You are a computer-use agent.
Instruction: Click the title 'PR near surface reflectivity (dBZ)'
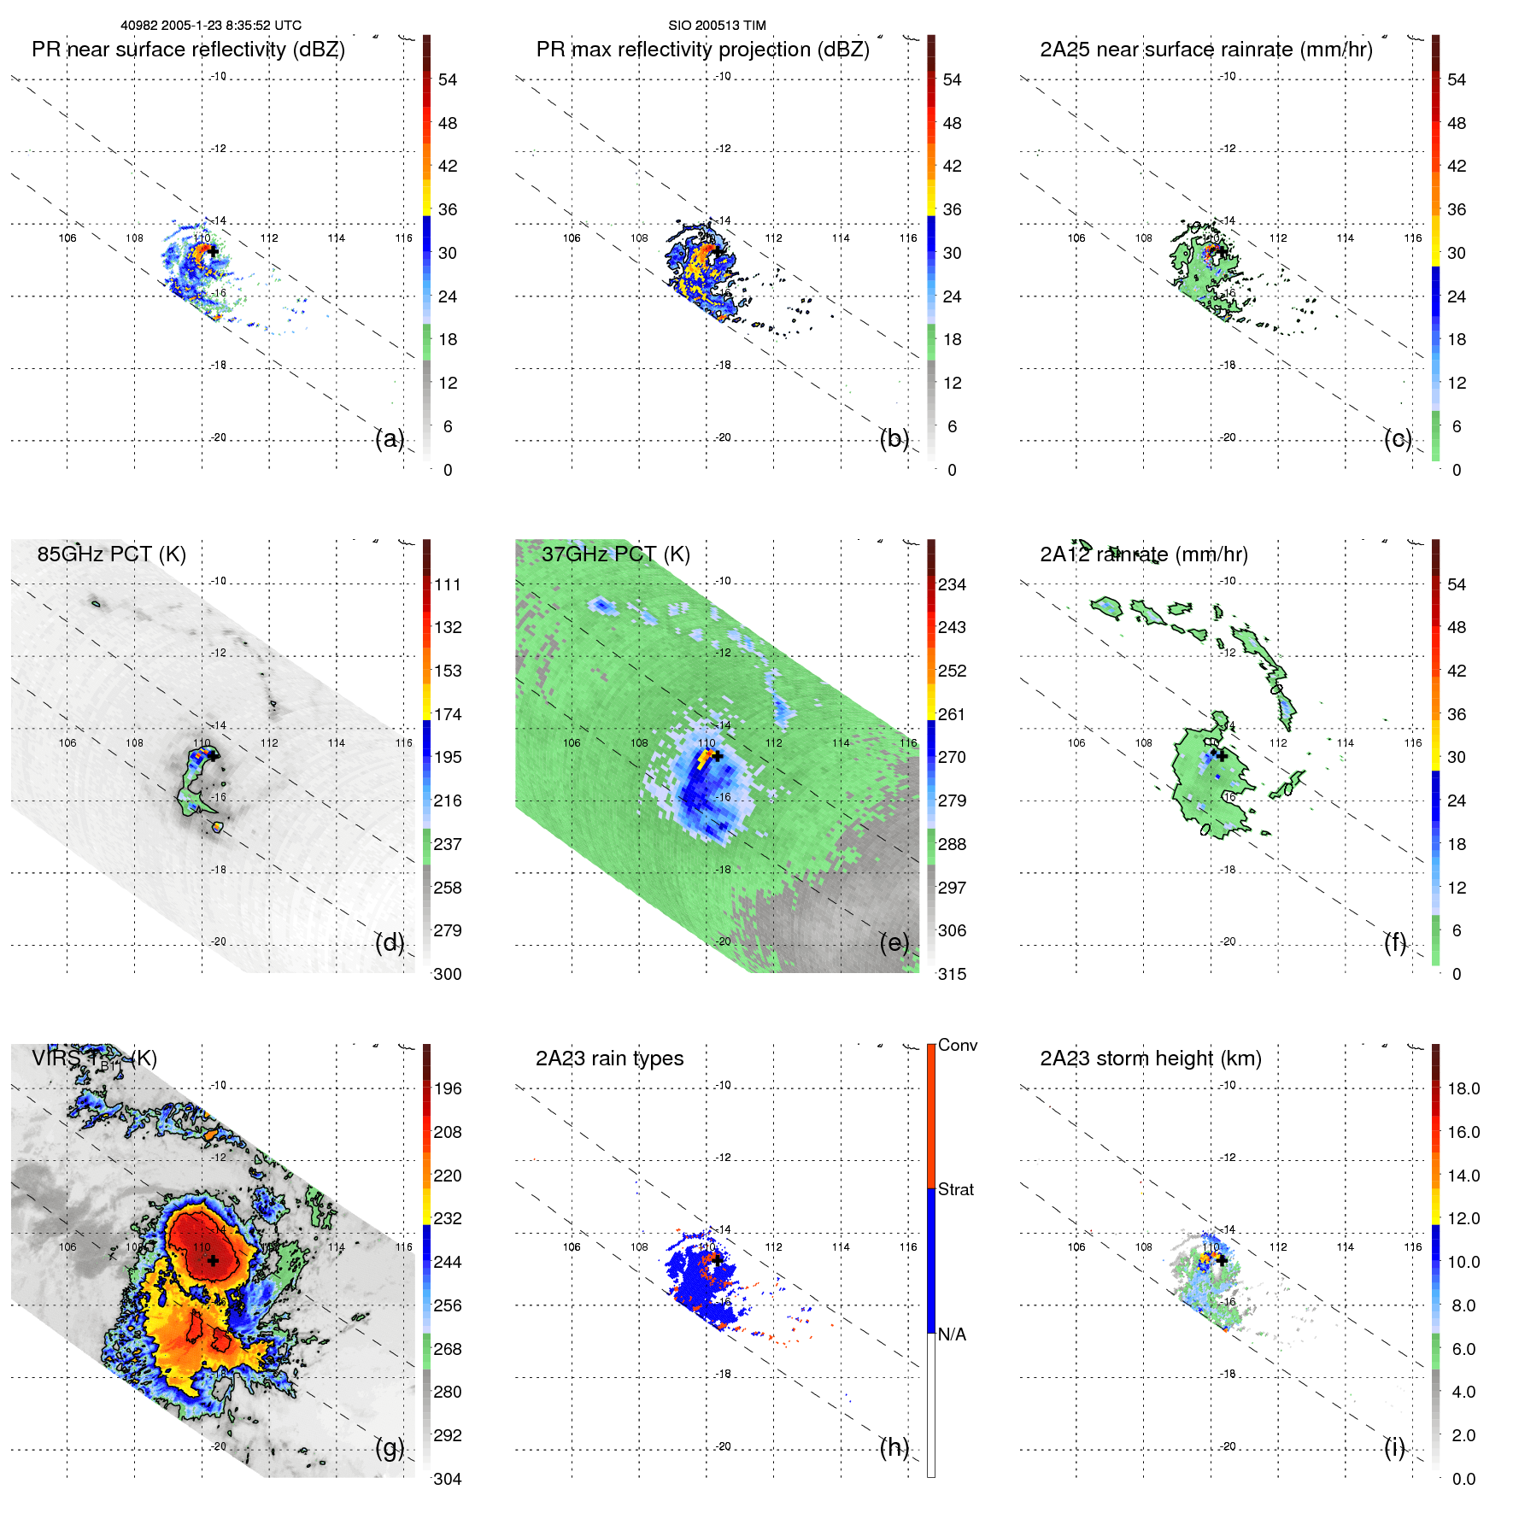point(188,50)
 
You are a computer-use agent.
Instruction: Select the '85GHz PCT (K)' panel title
point(111,554)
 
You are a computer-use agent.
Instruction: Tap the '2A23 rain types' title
point(609,1059)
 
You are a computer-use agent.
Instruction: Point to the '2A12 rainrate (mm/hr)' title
point(1143,554)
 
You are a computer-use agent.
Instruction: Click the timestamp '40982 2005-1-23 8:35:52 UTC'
point(210,26)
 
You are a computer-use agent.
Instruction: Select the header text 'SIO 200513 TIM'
point(716,26)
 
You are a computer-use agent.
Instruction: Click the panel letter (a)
point(390,439)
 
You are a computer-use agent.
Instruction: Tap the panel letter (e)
point(894,943)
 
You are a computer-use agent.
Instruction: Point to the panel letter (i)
point(1394,1447)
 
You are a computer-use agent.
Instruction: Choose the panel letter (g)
point(390,1447)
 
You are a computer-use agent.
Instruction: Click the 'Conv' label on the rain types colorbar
point(957,1046)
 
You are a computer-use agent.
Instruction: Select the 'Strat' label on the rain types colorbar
point(955,1190)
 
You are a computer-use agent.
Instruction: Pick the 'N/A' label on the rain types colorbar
point(952,1334)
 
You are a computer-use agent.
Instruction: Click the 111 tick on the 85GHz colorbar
point(447,585)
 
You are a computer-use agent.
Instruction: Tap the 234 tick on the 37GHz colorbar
point(952,585)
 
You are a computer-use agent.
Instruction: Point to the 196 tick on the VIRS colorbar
point(447,1089)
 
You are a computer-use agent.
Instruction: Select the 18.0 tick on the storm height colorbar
point(1463,1089)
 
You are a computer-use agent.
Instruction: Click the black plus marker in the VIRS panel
point(213,1260)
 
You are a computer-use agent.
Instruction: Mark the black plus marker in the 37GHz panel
point(717,756)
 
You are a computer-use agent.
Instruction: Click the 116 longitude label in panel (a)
point(403,238)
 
